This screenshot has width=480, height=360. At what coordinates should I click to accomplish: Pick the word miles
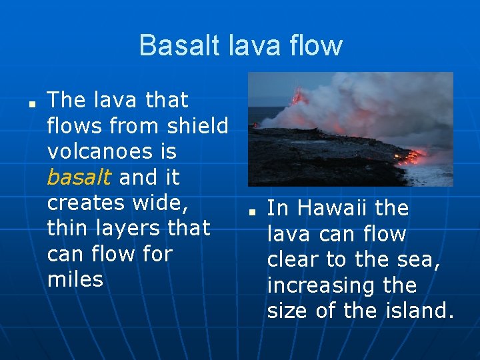(75, 279)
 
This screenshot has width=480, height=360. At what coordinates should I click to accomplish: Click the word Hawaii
(336, 209)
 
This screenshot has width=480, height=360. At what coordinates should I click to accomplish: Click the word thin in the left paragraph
(70, 228)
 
